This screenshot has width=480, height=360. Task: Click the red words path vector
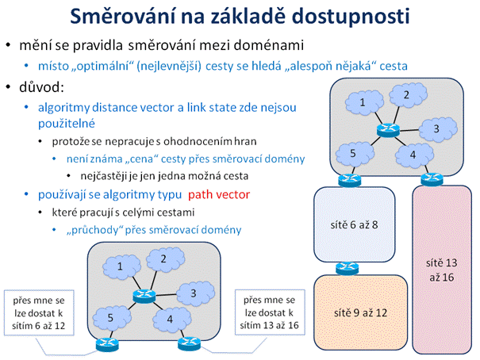(219, 194)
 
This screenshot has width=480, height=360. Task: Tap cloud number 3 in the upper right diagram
(438, 129)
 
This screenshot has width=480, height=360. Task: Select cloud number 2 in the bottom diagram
(165, 259)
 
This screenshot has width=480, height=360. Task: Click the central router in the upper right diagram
(388, 130)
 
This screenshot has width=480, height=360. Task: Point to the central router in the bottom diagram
(144, 296)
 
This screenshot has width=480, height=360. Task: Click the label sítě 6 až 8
(354, 225)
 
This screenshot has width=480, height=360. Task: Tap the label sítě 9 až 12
(360, 312)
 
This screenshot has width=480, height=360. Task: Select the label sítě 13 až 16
(441, 270)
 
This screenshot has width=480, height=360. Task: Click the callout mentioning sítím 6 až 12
(39, 312)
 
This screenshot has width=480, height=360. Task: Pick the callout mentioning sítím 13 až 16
(270, 312)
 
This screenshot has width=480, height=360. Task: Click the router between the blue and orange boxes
(347, 268)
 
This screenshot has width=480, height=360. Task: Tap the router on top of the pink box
(432, 179)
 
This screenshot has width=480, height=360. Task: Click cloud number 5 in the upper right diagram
(355, 154)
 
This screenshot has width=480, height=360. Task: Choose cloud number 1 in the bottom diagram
(121, 267)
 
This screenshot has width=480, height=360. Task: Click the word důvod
(41, 87)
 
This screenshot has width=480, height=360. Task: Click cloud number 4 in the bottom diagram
(171, 320)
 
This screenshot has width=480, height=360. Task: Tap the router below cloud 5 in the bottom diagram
(107, 345)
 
